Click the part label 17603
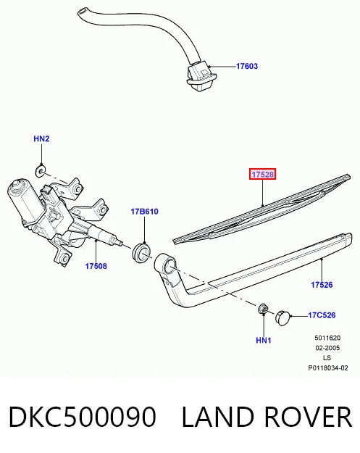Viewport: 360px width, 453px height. tap(247, 66)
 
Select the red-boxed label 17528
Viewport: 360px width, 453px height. tap(263, 174)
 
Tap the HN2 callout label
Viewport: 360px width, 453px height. tap(41, 138)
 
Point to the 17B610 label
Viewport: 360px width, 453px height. tap(144, 212)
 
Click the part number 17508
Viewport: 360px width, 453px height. tap(96, 266)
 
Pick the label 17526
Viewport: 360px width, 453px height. tap(322, 285)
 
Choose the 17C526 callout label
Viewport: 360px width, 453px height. tap(322, 315)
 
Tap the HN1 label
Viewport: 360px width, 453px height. tap(264, 341)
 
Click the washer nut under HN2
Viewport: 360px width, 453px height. tap(41, 171)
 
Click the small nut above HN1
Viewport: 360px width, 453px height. tap(263, 309)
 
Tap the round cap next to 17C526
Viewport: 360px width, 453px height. tap(282, 317)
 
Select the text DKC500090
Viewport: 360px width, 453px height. tap(83, 417)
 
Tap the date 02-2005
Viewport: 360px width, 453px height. tap(327, 348)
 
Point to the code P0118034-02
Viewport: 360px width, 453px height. tap(328, 367)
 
